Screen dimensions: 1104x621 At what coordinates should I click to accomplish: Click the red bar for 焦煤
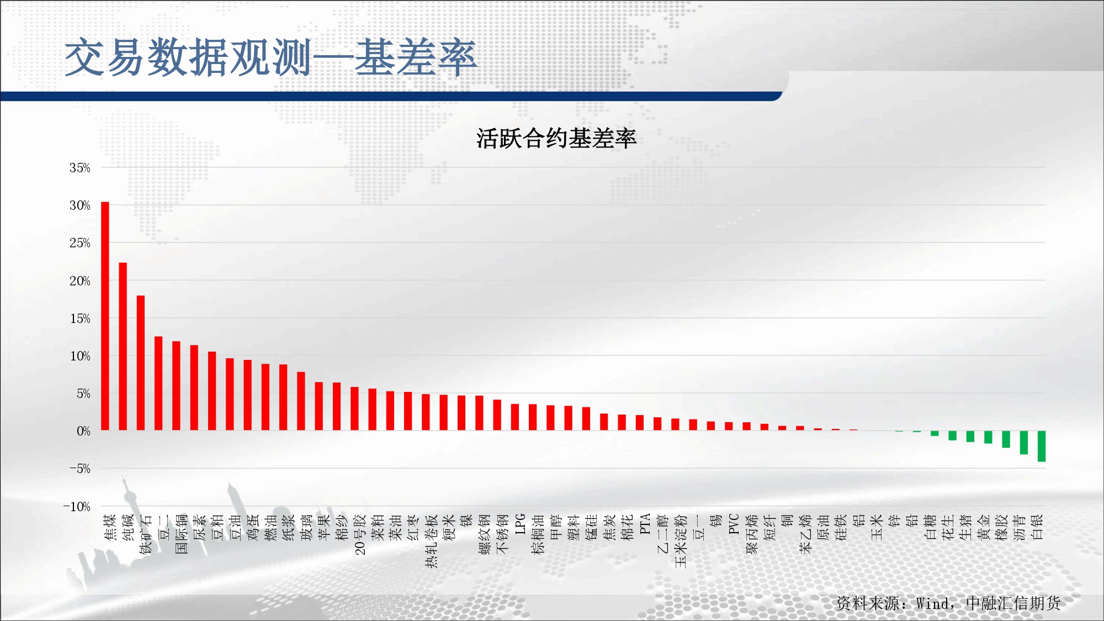tap(105, 316)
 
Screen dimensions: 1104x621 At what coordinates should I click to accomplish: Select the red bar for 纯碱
tap(123, 347)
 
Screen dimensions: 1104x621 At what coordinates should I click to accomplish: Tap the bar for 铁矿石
tap(141, 363)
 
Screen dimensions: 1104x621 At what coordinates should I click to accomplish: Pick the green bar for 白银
tap(1042, 446)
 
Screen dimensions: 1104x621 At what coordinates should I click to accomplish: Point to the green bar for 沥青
tap(1024, 443)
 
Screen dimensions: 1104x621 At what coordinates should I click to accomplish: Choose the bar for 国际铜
tap(176, 386)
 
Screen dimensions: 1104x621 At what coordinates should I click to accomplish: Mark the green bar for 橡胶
tap(1006, 439)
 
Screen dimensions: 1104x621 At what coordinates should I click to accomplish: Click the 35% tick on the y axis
tap(79, 168)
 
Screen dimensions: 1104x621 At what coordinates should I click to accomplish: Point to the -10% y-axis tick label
tap(77, 507)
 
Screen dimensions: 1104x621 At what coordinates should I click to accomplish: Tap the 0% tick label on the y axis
tap(83, 431)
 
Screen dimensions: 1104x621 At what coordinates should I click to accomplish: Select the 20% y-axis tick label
tap(79, 281)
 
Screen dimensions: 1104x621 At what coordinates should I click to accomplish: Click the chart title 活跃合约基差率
tap(556, 138)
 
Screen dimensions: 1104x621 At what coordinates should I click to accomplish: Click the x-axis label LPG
tap(520, 524)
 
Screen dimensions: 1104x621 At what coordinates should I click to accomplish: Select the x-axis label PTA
tap(645, 524)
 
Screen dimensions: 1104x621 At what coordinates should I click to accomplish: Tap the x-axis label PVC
tap(734, 524)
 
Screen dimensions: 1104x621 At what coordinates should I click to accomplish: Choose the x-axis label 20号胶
tap(360, 534)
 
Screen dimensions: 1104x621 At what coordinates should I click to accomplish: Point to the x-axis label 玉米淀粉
tap(681, 541)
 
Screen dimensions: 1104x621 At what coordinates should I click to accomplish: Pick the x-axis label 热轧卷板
tap(431, 541)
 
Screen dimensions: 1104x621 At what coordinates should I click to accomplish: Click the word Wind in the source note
tap(932, 603)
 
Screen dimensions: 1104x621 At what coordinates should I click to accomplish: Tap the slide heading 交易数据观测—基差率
tap(270, 57)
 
